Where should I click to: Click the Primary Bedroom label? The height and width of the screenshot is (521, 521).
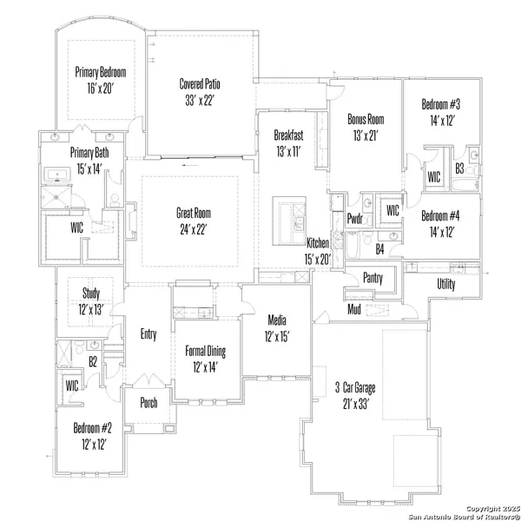101,72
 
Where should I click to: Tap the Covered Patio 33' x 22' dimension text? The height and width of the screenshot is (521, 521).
199,100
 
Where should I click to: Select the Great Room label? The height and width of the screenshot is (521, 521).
194,213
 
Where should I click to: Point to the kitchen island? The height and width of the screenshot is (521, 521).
289,221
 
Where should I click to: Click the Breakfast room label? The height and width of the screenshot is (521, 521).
288,135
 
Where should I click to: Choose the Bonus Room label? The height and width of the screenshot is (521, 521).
366,119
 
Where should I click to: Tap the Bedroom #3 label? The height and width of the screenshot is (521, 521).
440,104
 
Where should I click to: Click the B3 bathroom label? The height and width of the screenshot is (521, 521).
459,168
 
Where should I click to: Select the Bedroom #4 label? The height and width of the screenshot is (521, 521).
440,216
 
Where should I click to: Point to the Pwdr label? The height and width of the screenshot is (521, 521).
354,219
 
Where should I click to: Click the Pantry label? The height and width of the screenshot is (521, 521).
373,278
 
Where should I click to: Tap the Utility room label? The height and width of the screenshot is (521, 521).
446,284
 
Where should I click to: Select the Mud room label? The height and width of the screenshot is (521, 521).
354,309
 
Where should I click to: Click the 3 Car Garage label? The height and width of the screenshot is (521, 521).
355,388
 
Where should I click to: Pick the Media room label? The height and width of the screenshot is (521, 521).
277,320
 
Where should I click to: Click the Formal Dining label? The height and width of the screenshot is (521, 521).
205,351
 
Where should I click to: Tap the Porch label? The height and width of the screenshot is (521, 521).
148,403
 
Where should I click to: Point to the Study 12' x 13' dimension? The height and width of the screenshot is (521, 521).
90,310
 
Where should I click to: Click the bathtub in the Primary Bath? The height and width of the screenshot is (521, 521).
57,175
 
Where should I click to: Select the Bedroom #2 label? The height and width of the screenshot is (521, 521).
92,428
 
